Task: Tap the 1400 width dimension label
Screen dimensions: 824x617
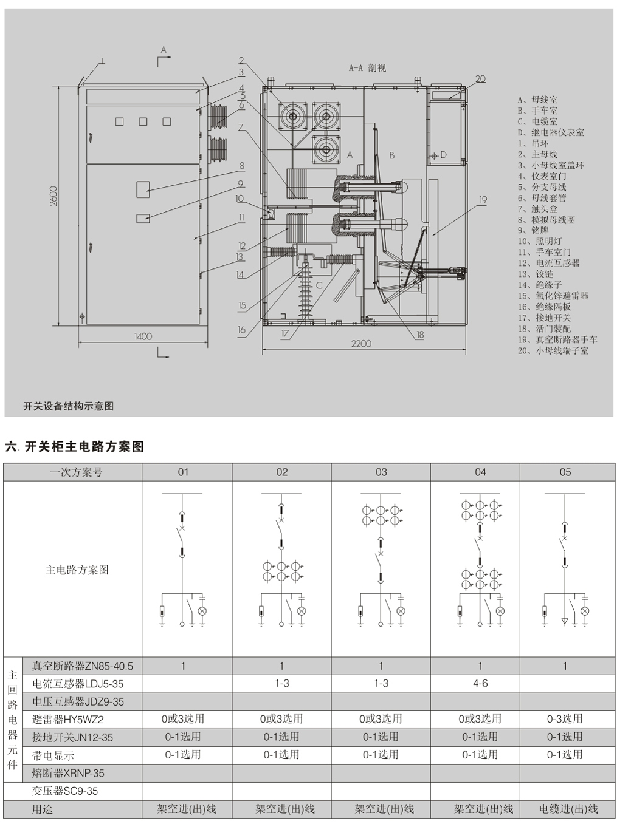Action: (143, 336)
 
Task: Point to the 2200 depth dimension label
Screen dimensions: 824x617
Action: (360, 344)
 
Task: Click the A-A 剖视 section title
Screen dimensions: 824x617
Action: (367, 68)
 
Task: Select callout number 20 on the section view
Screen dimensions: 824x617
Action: (480, 79)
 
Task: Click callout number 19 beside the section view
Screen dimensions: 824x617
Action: (483, 200)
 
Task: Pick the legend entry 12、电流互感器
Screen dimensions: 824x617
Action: (548, 263)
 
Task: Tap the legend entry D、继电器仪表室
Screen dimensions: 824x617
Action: (551, 132)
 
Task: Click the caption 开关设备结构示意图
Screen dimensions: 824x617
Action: (69, 406)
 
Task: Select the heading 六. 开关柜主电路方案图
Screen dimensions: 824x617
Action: (75, 447)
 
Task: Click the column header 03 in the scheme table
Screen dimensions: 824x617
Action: (381, 472)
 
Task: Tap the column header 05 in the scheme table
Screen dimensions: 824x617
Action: (565, 472)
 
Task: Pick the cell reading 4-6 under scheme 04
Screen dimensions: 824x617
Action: (480, 684)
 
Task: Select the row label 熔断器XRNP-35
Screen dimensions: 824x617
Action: (68, 773)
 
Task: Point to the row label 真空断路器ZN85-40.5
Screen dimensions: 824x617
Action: (82, 666)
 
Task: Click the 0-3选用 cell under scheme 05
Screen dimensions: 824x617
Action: (565, 719)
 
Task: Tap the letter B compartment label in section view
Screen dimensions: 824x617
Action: (392, 155)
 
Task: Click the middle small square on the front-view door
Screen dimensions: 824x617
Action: (143, 121)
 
